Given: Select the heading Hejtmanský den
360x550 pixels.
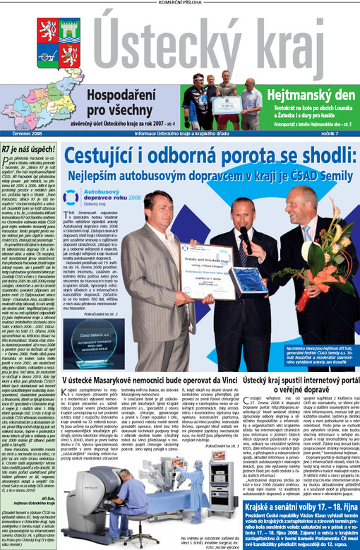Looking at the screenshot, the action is [x=307, y=92].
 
